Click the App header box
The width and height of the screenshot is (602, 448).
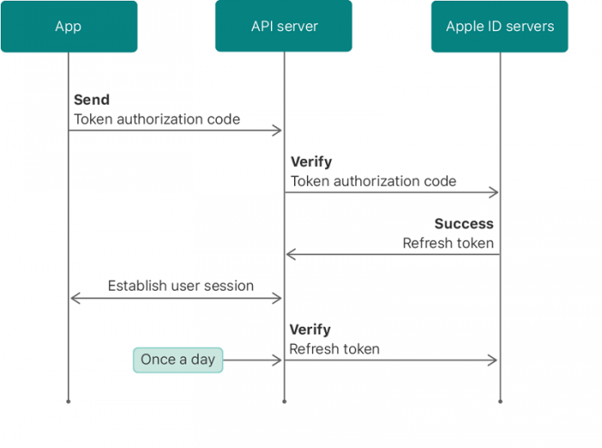click(69, 27)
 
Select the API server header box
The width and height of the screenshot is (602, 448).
click(284, 27)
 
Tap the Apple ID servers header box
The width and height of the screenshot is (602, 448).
click(500, 27)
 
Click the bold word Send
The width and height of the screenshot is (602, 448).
click(91, 101)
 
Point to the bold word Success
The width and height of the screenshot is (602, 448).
click(464, 224)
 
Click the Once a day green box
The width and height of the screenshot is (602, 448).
click(178, 359)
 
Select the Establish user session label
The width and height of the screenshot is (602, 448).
click(181, 285)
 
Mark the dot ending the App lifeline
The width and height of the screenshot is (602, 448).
click(69, 401)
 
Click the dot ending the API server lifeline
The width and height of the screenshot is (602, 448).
click(284, 401)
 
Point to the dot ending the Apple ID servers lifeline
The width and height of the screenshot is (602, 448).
click(500, 401)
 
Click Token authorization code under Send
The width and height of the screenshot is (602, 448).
click(157, 120)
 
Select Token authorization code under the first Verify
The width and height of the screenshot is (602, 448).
click(373, 181)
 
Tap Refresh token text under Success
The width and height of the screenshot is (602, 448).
click(448, 243)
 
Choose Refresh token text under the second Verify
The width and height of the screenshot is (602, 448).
click(335, 349)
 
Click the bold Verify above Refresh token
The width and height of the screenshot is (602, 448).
click(310, 329)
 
